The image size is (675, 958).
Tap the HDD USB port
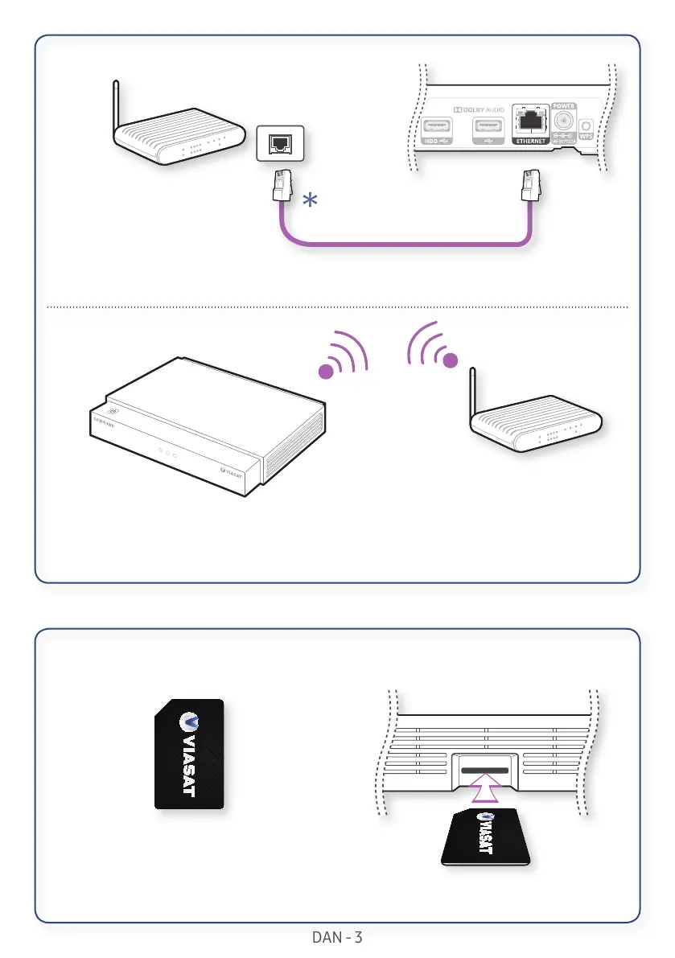point(438,126)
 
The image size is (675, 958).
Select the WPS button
point(585,127)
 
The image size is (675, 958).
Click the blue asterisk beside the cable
point(310,202)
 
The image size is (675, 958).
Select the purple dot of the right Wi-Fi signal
point(451,361)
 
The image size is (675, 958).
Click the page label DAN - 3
point(337,937)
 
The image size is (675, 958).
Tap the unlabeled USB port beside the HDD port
point(488,126)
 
